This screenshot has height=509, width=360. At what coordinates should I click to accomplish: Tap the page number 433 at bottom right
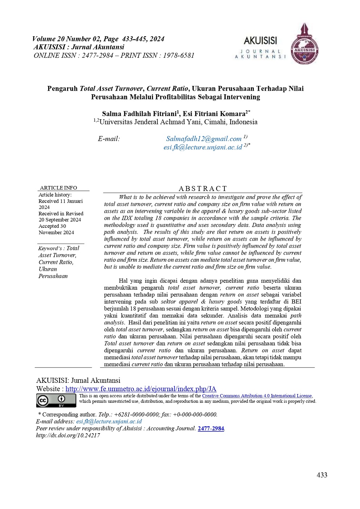[x=322, y=475]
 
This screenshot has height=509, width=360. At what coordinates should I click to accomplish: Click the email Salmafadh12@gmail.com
[x=204, y=139]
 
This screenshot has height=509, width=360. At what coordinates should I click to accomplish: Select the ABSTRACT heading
[x=203, y=189]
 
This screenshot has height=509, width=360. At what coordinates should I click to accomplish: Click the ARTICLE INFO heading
[x=58, y=188]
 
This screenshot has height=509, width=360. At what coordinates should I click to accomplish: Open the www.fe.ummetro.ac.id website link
[x=141, y=389]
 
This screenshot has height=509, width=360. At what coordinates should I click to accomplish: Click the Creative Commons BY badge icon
[x=56, y=401]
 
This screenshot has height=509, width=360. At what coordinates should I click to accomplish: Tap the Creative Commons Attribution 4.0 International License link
[x=257, y=396]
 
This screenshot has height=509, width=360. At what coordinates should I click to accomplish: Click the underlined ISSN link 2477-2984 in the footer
[x=211, y=429]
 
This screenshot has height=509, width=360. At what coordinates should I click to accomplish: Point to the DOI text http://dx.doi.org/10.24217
[x=68, y=435]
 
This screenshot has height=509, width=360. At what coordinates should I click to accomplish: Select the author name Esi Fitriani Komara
[x=214, y=114]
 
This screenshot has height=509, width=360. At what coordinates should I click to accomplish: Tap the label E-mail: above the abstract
[x=109, y=139]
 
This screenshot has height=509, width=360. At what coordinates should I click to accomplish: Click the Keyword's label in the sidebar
[x=50, y=248]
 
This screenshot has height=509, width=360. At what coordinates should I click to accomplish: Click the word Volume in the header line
[x=44, y=39]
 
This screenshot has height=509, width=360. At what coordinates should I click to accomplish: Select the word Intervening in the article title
[x=242, y=97]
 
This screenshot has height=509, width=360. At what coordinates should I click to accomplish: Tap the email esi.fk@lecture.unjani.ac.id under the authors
[x=203, y=147]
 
